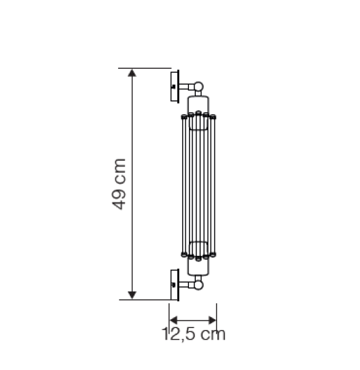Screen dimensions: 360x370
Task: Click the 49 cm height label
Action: click(x=119, y=184)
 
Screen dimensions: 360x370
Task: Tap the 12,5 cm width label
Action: click(x=194, y=334)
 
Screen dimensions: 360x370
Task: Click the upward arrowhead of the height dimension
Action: click(x=132, y=73)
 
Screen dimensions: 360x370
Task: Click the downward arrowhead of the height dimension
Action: click(x=132, y=295)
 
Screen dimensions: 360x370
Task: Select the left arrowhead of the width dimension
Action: click(x=174, y=320)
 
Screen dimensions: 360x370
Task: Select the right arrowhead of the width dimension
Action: click(x=212, y=320)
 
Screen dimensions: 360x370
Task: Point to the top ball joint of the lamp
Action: click(x=199, y=87)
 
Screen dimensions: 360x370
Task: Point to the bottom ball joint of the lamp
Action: click(x=199, y=285)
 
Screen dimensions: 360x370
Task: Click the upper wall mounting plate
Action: click(x=175, y=87)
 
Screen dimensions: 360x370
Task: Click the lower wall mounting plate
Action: click(x=175, y=285)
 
